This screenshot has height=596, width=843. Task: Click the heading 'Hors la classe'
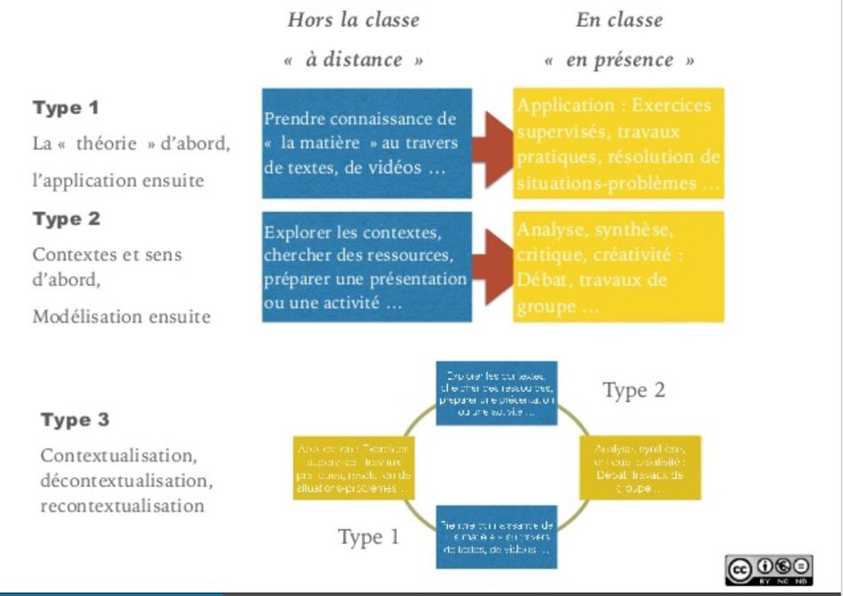point(353,19)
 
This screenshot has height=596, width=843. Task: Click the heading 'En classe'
point(619,19)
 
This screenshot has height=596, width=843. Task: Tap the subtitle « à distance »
point(353,60)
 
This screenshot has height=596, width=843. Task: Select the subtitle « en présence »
point(619,60)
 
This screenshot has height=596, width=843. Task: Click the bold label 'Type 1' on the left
point(66,108)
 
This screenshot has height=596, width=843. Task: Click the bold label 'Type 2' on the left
point(66,219)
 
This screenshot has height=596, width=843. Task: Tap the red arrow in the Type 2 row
point(492,266)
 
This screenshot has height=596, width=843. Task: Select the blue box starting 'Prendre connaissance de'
point(367,143)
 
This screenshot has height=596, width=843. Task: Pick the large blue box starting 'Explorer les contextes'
point(367,267)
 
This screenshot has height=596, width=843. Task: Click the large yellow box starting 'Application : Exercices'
point(619,143)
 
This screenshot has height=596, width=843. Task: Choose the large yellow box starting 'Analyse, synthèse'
point(619,267)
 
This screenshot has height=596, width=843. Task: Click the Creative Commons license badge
point(769,569)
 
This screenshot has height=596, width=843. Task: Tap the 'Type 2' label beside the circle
point(634,390)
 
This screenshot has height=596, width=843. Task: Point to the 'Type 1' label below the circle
point(368,537)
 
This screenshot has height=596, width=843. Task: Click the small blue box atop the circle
point(497,392)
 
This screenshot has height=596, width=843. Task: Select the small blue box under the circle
point(497,537)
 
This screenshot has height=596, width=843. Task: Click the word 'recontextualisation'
point(122,507)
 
